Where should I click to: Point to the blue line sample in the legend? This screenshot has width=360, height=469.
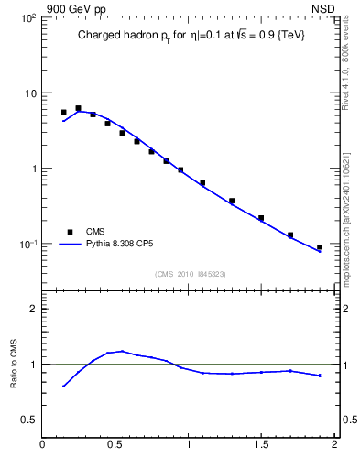pos(70,245)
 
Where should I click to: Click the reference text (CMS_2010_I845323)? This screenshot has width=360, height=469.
pos(190,273)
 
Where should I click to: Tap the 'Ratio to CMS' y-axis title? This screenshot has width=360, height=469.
pos(14,365)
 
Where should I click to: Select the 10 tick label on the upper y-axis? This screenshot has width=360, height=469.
pos(29,93)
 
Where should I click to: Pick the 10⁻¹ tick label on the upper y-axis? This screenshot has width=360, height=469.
pos(27,245)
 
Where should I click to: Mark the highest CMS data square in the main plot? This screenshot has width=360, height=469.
pos(78,108)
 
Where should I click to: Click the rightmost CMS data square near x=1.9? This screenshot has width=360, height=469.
pos(320,247)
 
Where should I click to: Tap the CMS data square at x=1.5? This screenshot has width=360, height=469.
pos(261,218)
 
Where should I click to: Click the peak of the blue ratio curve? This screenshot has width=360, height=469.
pos(122,351)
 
